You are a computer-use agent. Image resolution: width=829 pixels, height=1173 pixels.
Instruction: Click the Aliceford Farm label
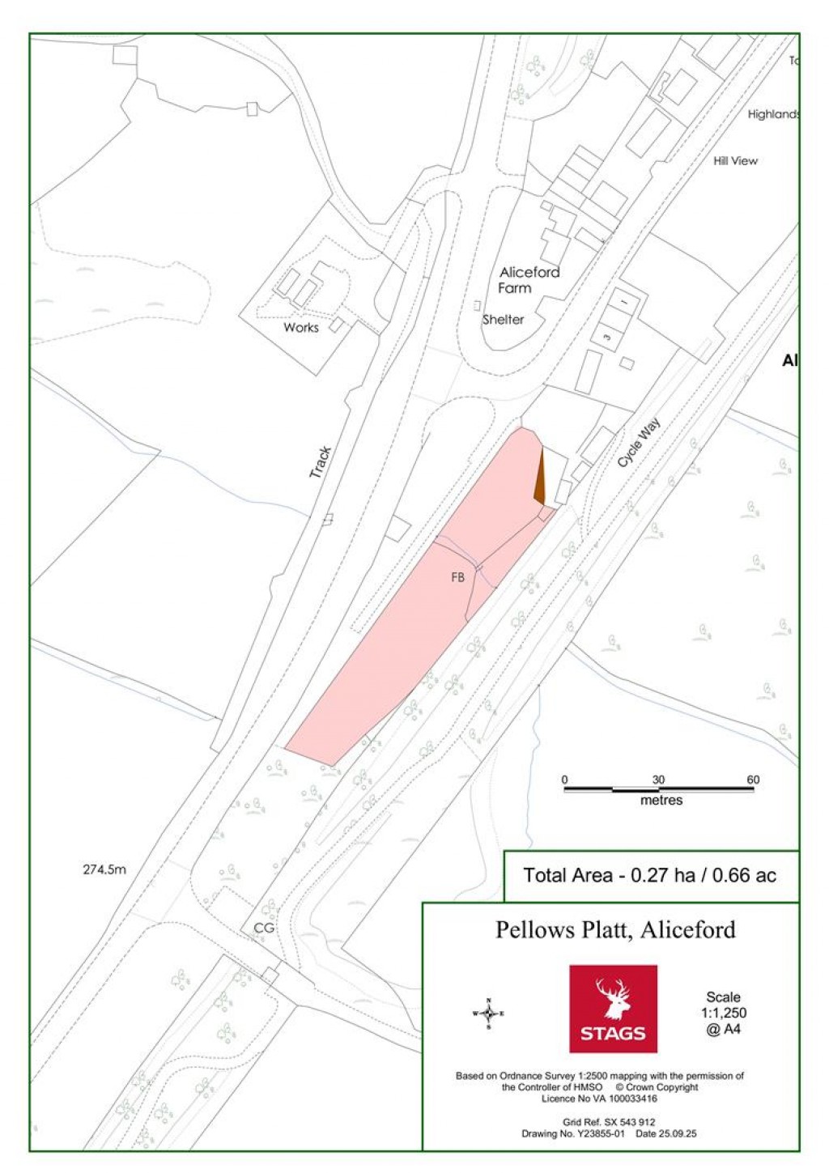coord(529,280)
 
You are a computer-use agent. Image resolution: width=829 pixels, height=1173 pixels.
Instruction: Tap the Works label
coord(300,328)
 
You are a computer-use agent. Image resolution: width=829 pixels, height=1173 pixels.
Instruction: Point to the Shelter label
coord(503,320)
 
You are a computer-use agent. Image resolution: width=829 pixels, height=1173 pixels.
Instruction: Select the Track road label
coord(321,462)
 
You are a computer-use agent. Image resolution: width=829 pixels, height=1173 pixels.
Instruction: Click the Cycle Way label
coord(639,443)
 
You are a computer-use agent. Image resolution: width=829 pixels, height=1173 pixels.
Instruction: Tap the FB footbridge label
coord(457,578)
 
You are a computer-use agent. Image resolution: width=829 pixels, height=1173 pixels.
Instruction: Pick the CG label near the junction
coord(264,929)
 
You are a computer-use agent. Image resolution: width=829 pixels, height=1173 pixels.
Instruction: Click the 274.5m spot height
coord(104,870)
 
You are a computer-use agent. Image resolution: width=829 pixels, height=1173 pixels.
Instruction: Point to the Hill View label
coord(735,161)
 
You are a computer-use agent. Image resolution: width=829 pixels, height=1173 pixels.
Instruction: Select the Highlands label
coord(773,115)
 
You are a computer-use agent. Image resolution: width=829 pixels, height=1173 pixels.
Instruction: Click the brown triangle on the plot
coord(539,479)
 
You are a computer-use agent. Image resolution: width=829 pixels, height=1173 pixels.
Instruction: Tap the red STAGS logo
coord(613,1009)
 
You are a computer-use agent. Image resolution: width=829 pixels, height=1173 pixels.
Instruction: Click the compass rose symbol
coord(488,1014)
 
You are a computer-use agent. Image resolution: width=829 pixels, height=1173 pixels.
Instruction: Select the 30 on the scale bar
coord(658,780)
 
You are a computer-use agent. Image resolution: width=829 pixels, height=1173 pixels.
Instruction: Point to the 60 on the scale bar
coord(753,780)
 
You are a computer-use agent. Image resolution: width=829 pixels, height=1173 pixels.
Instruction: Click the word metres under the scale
coord(661,801)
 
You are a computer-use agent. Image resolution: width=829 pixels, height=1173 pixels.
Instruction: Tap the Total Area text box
coord(649,875)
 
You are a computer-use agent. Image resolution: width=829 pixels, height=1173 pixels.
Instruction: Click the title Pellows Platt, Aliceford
coord(615,929)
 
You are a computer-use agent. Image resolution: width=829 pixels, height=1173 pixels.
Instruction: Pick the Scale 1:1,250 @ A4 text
coord(723,1013)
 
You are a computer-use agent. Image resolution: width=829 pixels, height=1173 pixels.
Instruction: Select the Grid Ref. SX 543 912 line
coord(609,1122)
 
